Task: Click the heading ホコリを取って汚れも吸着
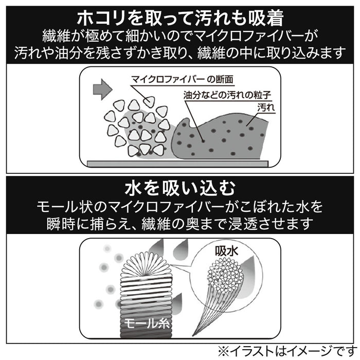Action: (180, 19)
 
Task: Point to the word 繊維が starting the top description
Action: (60, 37)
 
